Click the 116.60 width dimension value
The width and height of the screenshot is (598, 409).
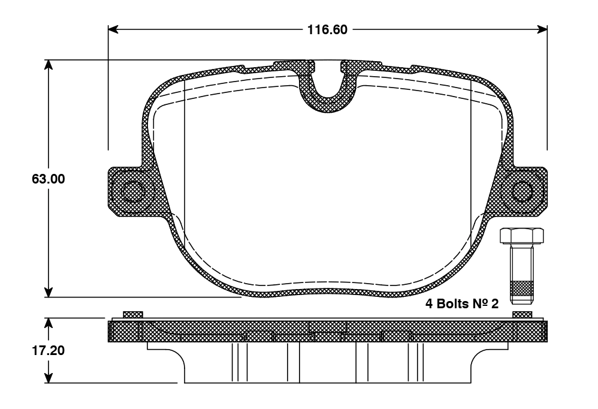click(x=328, y=30)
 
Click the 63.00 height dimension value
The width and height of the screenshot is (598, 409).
click(x=49, y=179)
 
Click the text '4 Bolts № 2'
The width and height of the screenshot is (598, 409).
click(x=462, y=303)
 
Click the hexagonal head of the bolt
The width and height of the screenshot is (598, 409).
click(x=521, y=236)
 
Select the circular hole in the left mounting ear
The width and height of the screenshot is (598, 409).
click(x=133, y=190)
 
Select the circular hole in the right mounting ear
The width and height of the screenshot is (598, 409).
click(x=522, y=191)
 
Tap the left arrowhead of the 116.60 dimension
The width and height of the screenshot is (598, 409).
click(x=113, y=29)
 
